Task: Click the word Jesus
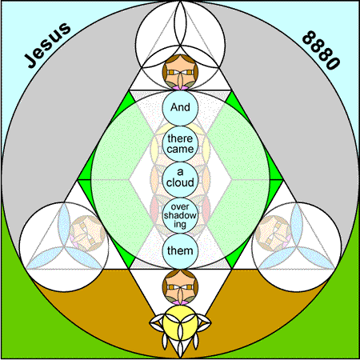47,45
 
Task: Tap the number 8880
322,50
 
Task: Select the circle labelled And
180,107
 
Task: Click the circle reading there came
180,144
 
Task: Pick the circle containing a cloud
180,179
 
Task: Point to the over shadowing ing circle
180,215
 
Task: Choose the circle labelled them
180,251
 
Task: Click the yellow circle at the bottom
180,323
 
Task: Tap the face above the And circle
180,72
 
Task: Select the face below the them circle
180,287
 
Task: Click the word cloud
180,183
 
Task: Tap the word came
180,149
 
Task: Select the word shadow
180,215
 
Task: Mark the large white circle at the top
180,46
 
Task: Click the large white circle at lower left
64,246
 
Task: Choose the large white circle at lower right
297,246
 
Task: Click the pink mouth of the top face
180,87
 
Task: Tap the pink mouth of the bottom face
180,302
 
